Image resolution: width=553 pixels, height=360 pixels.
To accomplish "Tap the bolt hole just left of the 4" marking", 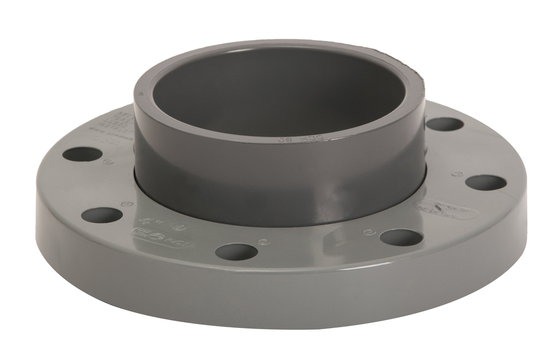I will click(x=102, y=215).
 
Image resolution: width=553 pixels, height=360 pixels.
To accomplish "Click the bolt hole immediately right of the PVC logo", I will click(x=236, y=251).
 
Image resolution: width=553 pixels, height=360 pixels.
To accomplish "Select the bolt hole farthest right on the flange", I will click(x=485, y=182).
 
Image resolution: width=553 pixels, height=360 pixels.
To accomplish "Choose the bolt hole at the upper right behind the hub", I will click(x=444, y=124).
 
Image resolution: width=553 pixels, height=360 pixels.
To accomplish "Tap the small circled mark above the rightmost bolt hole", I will click(x=458, y=174).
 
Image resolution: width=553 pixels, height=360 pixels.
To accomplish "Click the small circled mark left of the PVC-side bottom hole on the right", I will click(x=367, y=232).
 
